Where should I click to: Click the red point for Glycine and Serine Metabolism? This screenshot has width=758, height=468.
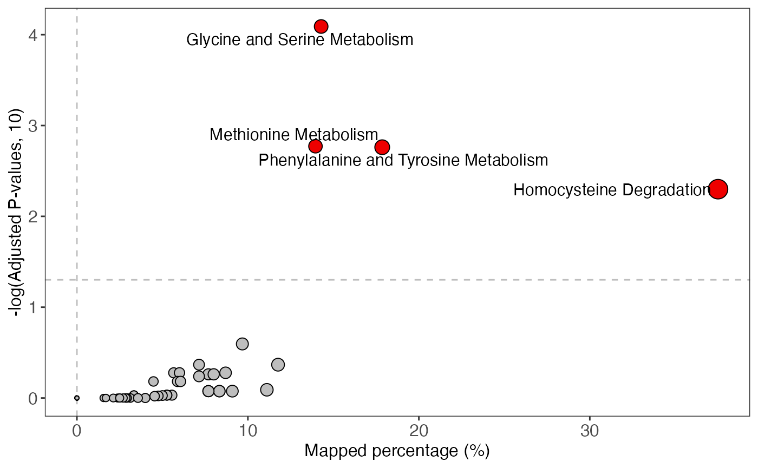(x=321, y=26)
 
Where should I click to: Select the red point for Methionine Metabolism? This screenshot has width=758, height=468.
(x=316, y=146)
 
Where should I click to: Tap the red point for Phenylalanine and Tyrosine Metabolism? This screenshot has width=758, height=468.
(x=382, y=147)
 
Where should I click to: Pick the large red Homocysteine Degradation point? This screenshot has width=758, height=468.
(x=718, y=189)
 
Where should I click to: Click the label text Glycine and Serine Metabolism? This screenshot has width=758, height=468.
(x=299, y=39)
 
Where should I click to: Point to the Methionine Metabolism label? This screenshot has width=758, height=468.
(x=293, y=134)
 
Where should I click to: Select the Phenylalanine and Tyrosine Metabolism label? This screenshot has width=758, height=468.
(x=403, y=160)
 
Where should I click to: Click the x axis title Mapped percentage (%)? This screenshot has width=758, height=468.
(x=397, y=451)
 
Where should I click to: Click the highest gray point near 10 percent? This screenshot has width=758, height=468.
(x=242, y=344)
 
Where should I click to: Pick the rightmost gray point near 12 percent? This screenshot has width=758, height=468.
(x=278, y=365)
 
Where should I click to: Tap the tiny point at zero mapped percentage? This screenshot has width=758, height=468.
(x=77, y=398)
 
